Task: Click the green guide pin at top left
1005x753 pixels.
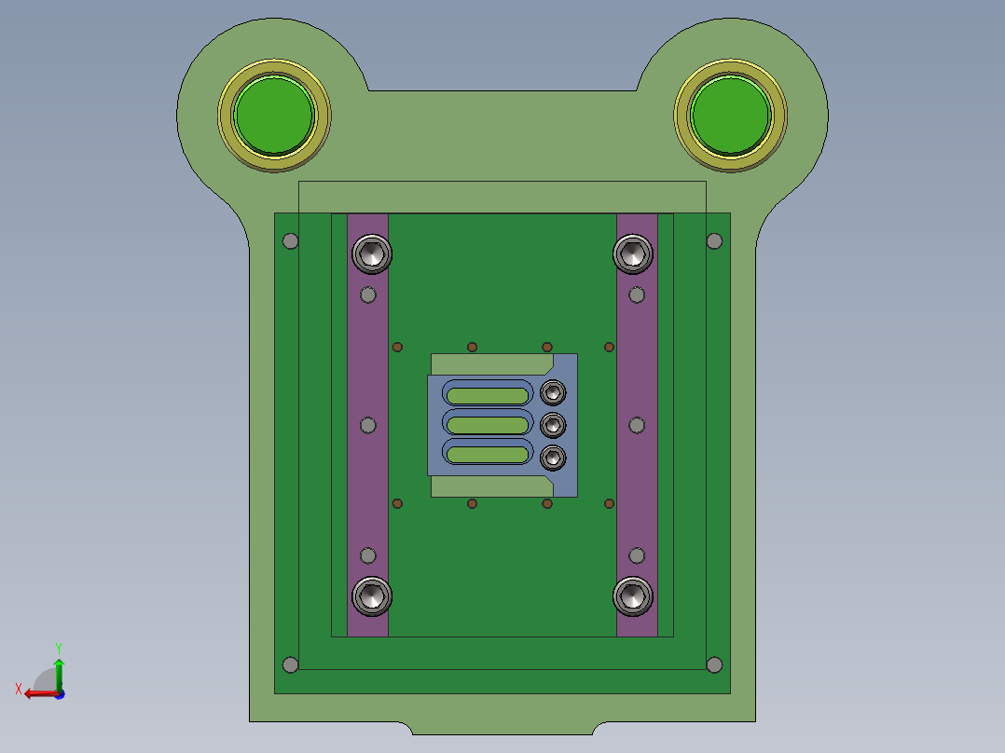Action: click(274, 115)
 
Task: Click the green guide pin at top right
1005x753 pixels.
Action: click(731, 115)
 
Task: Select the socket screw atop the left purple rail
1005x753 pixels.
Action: click(371, 253)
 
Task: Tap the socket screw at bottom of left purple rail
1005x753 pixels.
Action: click(371, 596)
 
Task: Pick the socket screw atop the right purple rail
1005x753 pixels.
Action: click(632, 253)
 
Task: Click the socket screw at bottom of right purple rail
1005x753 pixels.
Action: click(632, 596)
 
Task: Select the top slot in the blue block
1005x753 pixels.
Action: click(487, 394)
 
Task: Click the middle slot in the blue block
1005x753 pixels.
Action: click(487, 425)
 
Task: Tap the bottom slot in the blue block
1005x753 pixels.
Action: click(487, 455)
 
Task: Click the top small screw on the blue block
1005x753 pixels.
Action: click(554, 391)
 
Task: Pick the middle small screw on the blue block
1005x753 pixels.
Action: click(554, 425)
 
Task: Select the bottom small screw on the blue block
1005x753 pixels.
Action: click(554, 458)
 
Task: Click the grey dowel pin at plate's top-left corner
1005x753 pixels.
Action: click(290, 241)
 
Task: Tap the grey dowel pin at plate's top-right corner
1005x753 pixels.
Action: click(714, 241)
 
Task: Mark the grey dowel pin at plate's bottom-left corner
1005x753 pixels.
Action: click(290, 664)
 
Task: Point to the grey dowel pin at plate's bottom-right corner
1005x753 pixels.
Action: click(714, 664)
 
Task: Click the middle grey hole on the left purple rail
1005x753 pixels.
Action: click(368, 425)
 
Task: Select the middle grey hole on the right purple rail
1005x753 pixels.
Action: click(637, 425)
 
